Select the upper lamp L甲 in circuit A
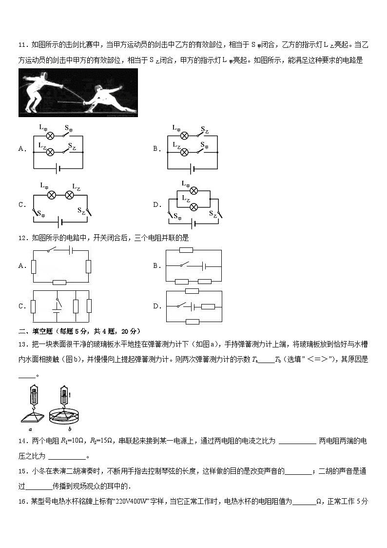pyautogui.click(x=50, y=135)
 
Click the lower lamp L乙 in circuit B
pyautogui.click(x=184, y=152)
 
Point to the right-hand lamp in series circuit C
pyautogui.click(x=70, y=195)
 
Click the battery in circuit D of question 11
pyautogui.click(x=194, y=224)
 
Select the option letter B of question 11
pyautogui.click(x=156, y=149)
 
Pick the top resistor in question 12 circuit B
pyautogui.click(x=186, y=250)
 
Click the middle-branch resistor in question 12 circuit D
pyautogui.click(x=208, y=306)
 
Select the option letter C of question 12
pyautogui.click(x=21, y=306)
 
